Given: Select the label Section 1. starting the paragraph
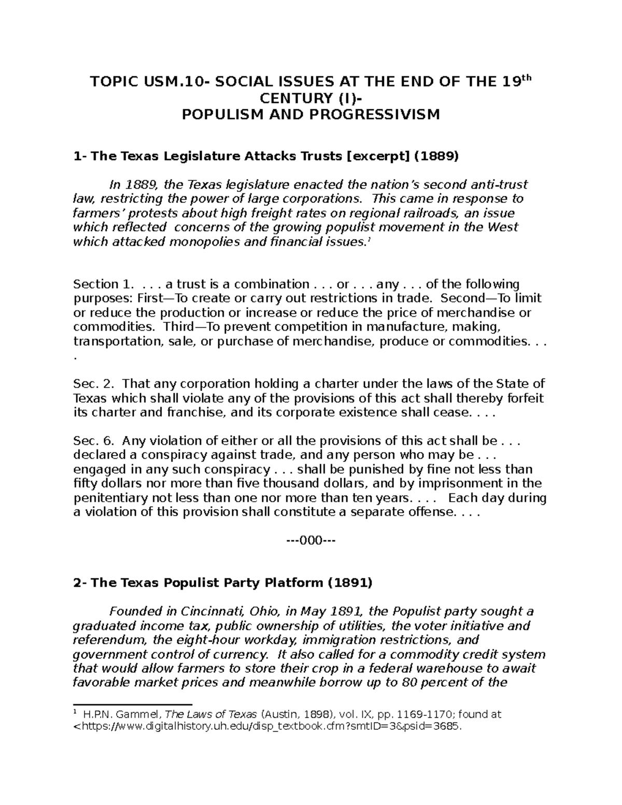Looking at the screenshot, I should [x=103, y=284].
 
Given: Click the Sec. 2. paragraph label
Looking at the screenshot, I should [x=93, y=384].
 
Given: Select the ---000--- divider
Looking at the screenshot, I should [x=311, y=541].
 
